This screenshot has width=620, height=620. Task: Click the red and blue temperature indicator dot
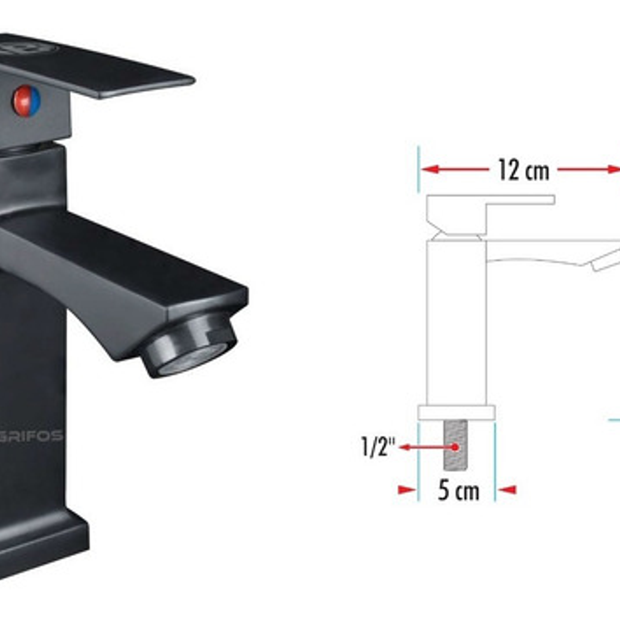coord(27,101)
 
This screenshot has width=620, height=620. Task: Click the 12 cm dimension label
coord(523,170)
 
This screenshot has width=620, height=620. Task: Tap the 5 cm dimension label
coord(458,491)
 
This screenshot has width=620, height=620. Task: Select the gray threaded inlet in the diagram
coord(456,445)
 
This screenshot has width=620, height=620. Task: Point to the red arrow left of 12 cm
coord(454,169)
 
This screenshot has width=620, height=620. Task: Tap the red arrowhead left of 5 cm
coord(407,490)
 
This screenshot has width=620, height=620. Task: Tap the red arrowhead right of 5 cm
coord(507,490)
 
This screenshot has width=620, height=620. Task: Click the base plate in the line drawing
coord(456,412)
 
